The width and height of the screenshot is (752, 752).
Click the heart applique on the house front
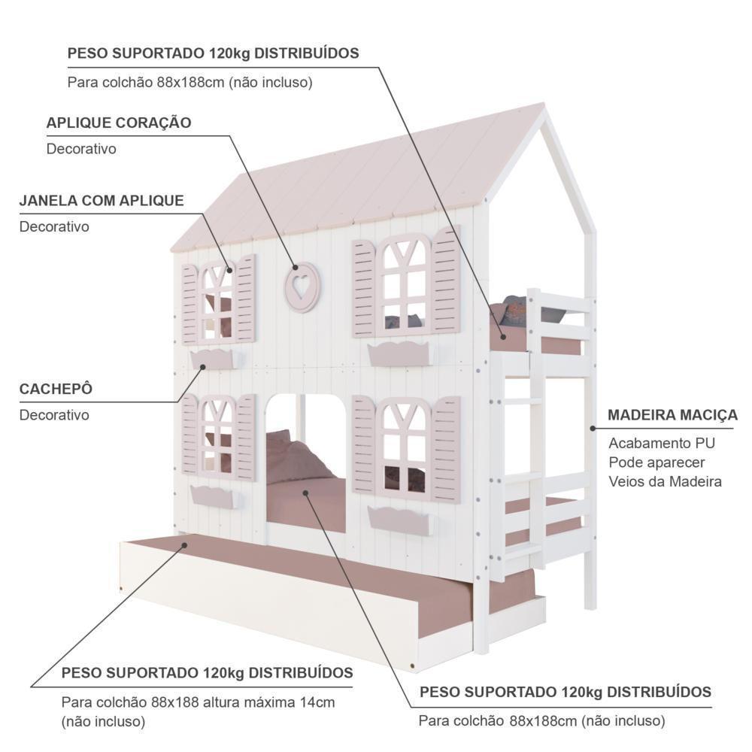[302, 287]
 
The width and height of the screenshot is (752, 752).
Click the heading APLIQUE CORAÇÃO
[119, 123]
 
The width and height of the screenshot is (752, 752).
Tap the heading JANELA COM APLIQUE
[102, 201]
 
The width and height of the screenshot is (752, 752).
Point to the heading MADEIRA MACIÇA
[672, 415]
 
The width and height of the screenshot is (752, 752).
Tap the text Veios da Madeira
[665, 481]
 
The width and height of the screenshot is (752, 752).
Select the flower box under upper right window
[399, 353]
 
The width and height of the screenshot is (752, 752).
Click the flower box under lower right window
[399, 519]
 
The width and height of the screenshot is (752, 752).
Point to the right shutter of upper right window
[446, 280]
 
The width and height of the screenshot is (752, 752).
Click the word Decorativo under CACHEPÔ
[54, 415]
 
